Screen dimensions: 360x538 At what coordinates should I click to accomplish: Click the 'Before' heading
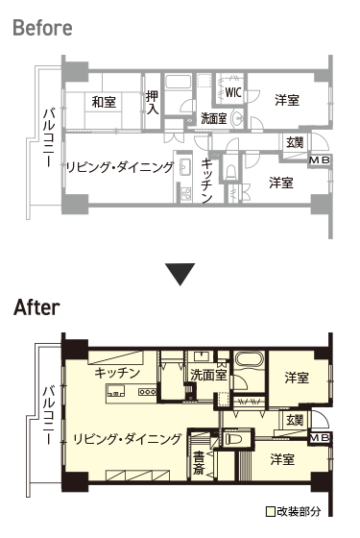click(x=42, y=28)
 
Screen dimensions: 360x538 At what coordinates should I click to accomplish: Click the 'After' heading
click(x=36, y=307)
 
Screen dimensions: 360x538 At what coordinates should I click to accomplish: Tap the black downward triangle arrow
click(x=180, y=274)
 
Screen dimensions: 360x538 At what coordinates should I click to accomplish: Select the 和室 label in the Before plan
click(x=104, y=102)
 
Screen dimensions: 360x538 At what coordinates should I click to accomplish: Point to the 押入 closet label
click(x=153, y=102)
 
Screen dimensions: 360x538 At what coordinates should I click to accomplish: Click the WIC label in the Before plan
click(x=232, y=92)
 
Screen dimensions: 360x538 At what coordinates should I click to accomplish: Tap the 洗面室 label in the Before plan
click(x=213, y=118)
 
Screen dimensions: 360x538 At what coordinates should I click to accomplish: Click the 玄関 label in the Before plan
click(x=295, y=142)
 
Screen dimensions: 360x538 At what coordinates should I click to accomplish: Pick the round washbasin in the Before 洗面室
click(x=237, y=118)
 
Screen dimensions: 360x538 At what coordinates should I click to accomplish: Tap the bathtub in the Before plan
click(x=178, y=82)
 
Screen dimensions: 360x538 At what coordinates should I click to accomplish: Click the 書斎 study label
click(x=199, y=462)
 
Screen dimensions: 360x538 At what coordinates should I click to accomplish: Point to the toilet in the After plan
click(x=235, y=439)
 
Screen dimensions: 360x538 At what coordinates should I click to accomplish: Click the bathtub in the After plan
click(x=250, y=360)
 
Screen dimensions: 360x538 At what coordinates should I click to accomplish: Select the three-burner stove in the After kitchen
click(x=148, y=392)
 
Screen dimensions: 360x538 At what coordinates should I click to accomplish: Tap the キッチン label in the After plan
click(x=117, y=373)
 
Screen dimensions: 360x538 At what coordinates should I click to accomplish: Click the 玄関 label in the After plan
click(x=295, y=420)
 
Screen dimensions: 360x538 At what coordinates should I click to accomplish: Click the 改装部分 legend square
click(x=271, y=512)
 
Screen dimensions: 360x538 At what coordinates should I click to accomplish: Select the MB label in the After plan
click(x=319, y=438)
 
